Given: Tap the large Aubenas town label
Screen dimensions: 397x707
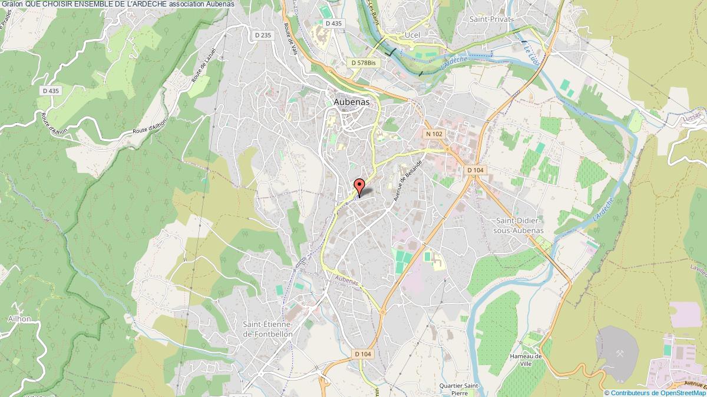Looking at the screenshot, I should tap(352, 102).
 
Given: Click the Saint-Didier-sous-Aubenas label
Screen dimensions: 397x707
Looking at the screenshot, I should tap(521, 226).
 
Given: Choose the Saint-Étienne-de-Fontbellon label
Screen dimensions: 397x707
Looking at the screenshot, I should tap(267, 329).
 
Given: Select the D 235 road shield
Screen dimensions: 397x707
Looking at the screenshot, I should tap(263, 35).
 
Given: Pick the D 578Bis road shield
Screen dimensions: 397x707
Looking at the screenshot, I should tap(363, 62).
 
